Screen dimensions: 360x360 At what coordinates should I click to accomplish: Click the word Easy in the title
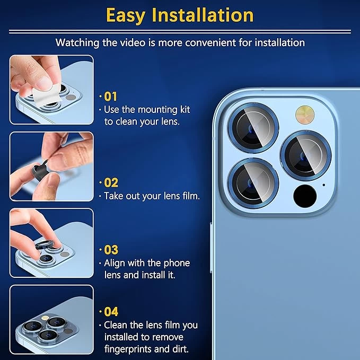pos(126,15)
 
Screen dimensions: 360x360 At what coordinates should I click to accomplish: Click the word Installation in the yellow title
pos(203,15)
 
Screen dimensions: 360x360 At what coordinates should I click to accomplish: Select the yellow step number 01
pos(110,96)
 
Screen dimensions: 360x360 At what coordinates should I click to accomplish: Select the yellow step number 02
pos(111,183)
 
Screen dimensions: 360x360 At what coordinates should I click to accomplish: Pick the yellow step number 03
pos(111,250)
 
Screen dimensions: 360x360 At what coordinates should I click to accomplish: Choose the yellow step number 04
pos(111,312)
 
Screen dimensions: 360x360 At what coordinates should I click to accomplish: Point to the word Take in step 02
pos(113,196)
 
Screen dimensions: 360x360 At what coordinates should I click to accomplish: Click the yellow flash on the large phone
pos(305,115)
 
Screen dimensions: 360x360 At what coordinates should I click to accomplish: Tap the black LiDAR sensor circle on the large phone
pos(305,196)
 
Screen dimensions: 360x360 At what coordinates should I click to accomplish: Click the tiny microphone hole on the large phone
pos(324,185)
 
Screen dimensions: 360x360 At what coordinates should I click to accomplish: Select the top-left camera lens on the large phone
pos(253,128)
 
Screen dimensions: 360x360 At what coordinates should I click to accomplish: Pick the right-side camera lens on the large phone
pos(305,155)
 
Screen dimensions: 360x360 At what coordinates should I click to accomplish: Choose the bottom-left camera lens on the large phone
pos(253,183)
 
